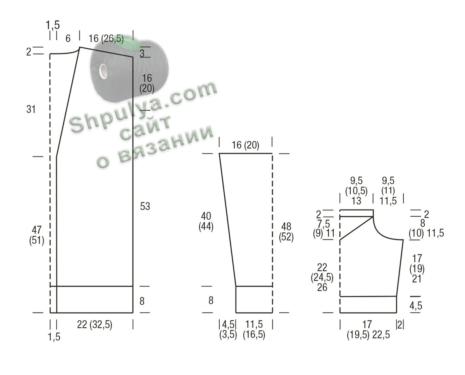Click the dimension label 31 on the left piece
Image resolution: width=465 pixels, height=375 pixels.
click(x=31, y=109)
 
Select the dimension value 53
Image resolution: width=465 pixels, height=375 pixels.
click(x=145, y=206)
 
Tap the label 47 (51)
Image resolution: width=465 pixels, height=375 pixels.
click(x=36, y=235)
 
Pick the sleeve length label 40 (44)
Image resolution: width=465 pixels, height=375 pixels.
click(x=206, y=221)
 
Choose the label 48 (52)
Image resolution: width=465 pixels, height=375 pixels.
click(x=286, y=232)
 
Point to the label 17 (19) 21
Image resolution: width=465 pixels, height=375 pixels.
click(x=417, y=269)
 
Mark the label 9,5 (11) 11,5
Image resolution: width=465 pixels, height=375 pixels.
click(x=388, y=191)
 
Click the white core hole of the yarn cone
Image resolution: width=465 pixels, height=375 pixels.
click(x=103, y=71)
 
